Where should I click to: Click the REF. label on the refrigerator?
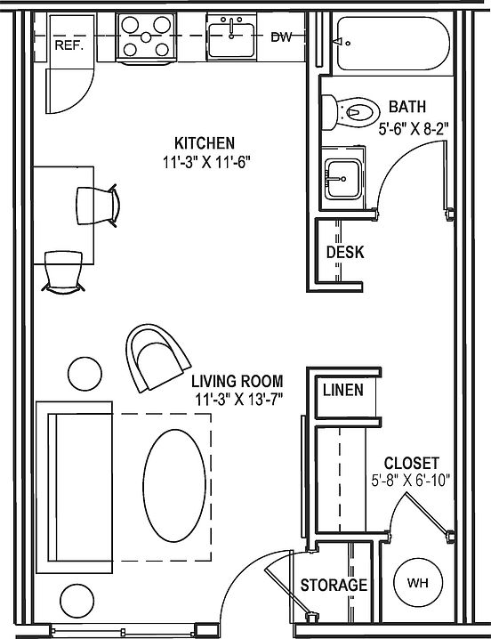68,44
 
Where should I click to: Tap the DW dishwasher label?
282,37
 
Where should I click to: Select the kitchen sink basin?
231,40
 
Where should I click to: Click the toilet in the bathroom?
350,112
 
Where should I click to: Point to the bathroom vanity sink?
342,179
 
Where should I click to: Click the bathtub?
393,44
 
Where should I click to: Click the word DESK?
345,252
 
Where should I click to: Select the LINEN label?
343,390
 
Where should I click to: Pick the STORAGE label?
334,586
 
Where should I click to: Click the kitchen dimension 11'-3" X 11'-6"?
205,163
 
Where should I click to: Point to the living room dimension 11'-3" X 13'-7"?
238,400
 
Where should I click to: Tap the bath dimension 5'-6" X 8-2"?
414,129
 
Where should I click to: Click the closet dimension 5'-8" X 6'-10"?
411,480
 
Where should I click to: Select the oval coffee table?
174,485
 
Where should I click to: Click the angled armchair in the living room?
157,358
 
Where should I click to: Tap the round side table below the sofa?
77,601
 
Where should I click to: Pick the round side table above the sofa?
85,374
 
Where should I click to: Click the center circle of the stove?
146,37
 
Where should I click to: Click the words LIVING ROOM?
237,381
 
